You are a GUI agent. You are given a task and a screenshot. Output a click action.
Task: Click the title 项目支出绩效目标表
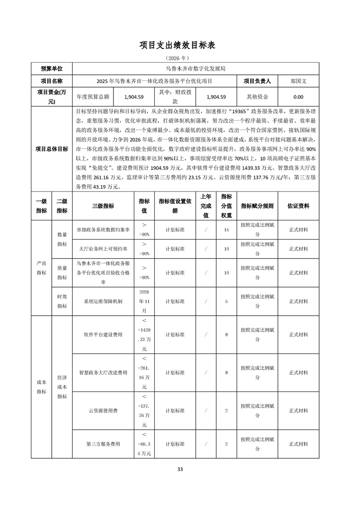coord(180,45)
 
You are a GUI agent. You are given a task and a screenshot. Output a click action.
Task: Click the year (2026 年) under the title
coord(180,59)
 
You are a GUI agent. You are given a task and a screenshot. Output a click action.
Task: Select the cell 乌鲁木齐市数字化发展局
coord(195,69)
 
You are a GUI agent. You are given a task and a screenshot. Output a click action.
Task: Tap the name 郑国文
coord(298,81)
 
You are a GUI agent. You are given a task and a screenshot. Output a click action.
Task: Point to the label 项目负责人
coord(257,81)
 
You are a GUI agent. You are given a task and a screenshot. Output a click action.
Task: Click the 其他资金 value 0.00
coord(298,97)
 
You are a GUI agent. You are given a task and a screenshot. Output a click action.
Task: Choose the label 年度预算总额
coord(93,97)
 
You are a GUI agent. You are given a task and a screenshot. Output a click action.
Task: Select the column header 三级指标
coord(103,206)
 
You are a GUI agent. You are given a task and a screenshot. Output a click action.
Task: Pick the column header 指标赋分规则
coord(257,206)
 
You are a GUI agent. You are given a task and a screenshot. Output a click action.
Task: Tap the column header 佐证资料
coord(298,206)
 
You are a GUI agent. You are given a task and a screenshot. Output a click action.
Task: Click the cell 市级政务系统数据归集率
coord(103,230)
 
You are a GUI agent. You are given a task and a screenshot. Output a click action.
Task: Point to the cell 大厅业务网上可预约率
coord(103,249)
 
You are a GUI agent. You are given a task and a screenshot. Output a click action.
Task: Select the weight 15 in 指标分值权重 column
coord(226,230)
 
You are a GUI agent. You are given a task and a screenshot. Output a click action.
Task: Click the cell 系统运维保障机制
coord(103,301)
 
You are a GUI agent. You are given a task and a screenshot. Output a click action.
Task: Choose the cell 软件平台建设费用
coord(103,335)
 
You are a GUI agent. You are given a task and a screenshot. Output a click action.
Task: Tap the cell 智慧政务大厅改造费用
coord(103,372)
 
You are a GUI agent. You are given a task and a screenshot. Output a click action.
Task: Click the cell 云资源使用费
coord(103,411)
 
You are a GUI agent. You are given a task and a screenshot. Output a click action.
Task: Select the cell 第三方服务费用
coord(103,444)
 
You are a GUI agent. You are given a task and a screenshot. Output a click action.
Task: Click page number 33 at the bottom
coord(180,469)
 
